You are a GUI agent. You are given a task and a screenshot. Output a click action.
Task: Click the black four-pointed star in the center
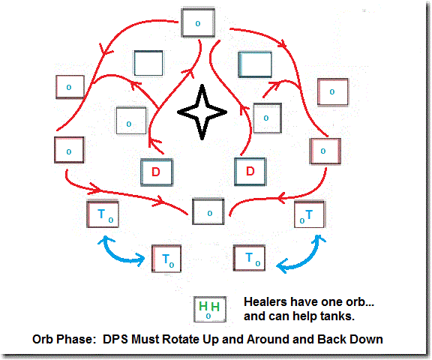202,112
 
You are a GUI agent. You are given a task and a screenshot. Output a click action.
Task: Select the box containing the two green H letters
210,309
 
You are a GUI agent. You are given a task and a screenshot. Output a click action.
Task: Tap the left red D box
157,172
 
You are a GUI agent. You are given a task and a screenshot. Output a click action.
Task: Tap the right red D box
250,172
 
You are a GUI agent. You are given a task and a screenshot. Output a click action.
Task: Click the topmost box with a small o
198,22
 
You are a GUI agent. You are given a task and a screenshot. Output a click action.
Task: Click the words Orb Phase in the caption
64,339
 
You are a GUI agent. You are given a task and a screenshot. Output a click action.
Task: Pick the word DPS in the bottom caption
115,339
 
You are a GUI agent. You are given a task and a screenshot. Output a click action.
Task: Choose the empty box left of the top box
148,63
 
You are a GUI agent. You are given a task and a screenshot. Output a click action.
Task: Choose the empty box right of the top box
255,64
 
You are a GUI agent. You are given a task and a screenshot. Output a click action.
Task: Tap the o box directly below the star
208,211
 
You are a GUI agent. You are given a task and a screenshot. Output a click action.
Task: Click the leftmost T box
103,214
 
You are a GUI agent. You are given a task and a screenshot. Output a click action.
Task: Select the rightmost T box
310,214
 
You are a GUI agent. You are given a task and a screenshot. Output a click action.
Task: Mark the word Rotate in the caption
181,339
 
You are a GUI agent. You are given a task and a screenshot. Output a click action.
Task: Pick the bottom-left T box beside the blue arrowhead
166,259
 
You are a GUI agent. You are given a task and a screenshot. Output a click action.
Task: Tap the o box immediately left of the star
131,121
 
